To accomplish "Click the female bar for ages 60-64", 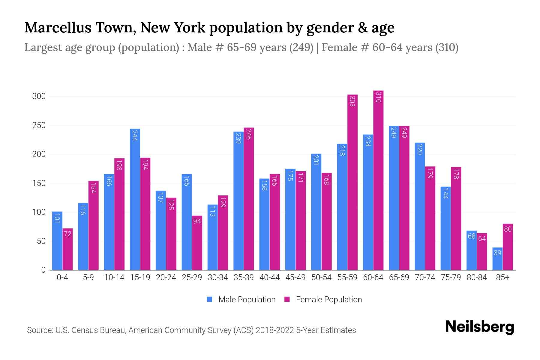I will (378, 180).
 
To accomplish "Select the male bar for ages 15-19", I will (135, 199).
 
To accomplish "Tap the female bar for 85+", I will (508, 247).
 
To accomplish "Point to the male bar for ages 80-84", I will (472, 250).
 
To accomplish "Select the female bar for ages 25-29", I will (197, 243).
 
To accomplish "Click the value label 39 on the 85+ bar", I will (497, 253).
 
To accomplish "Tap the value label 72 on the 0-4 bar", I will (67, 234).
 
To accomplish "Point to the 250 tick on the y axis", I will (39, 125).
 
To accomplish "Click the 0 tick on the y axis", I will (43, 270).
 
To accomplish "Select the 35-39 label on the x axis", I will (244, 277).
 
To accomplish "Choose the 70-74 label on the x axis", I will (425, 277).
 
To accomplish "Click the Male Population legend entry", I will (247, 300).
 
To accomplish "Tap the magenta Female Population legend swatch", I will (287, 299).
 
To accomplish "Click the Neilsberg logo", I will (479, 327).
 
